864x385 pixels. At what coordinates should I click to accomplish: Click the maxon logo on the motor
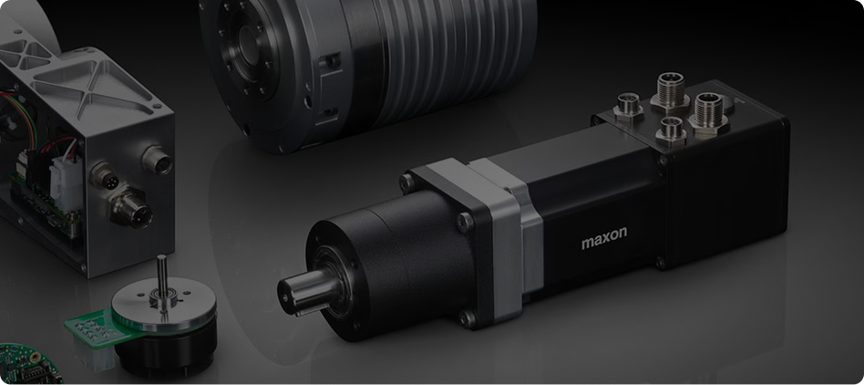(604, 237)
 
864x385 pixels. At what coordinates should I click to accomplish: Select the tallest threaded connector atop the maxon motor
(670, 91)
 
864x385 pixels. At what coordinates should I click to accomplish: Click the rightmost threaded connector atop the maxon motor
(709, 112)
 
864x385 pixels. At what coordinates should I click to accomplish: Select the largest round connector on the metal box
(130, 207)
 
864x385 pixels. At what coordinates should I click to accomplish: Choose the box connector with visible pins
(105, 176)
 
